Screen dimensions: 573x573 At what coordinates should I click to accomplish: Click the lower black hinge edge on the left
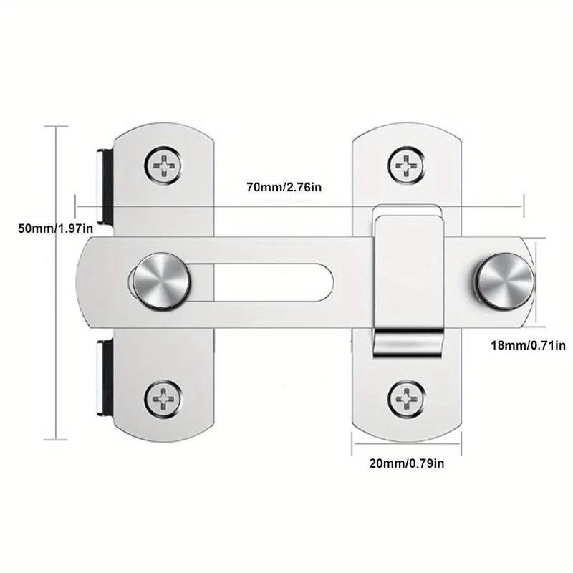click(102, 377)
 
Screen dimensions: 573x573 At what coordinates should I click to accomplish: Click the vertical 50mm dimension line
click(55, 286)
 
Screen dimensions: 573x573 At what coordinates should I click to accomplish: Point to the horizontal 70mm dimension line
click(301, 207)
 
